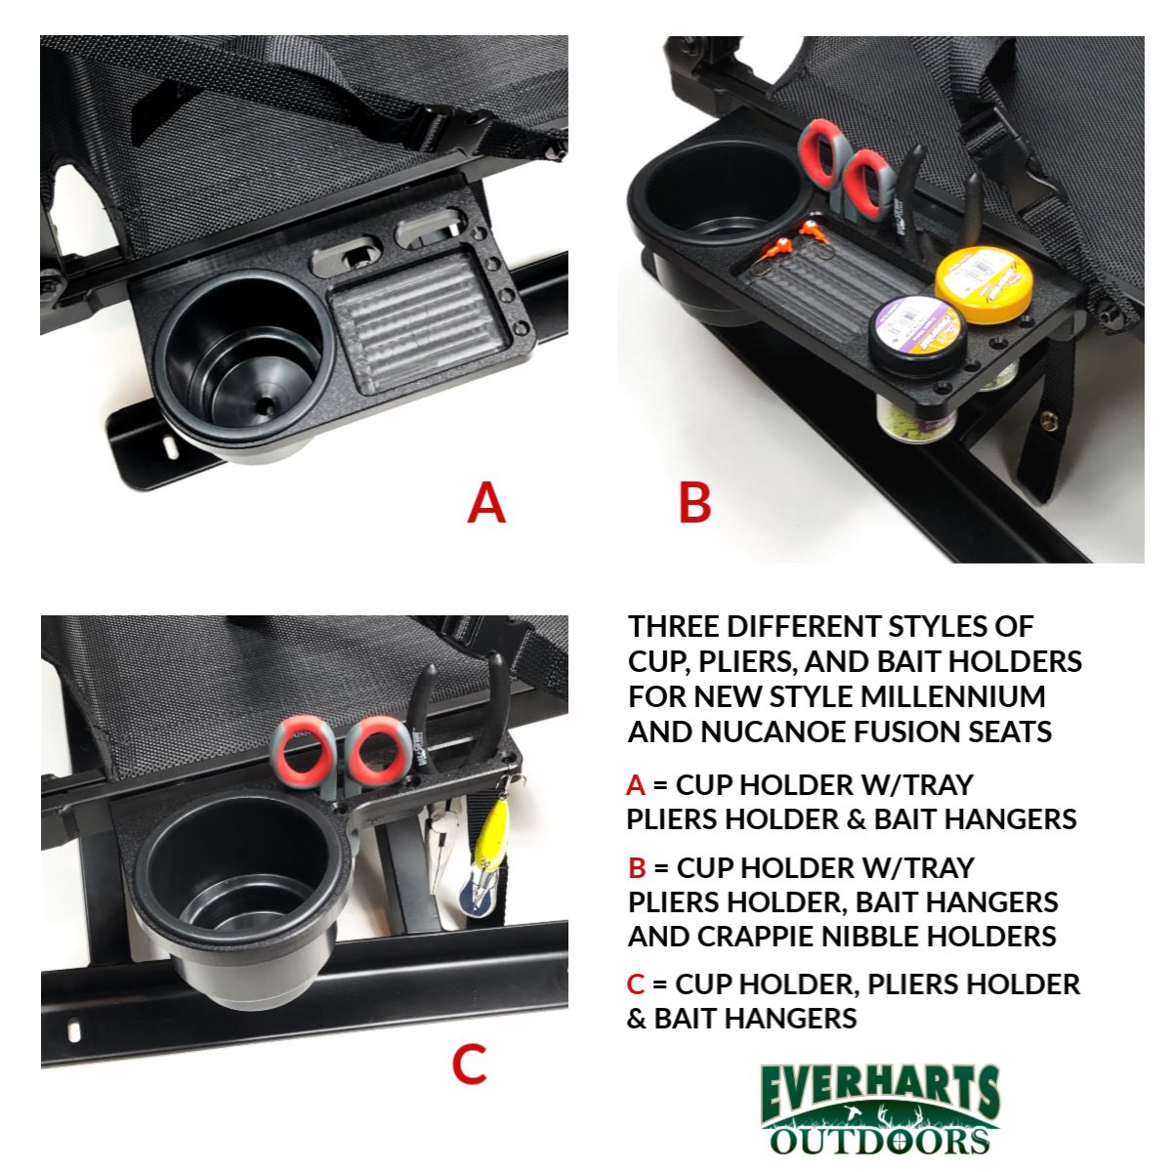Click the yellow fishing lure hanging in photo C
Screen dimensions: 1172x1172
point(489,834)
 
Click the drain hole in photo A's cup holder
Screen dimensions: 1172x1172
point(266,404)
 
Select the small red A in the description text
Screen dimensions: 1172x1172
point(635,785)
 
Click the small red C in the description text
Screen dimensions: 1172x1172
point(636,984)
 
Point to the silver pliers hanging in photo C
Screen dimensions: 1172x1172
point(441,847)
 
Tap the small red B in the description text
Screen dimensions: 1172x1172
point(637,868)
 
